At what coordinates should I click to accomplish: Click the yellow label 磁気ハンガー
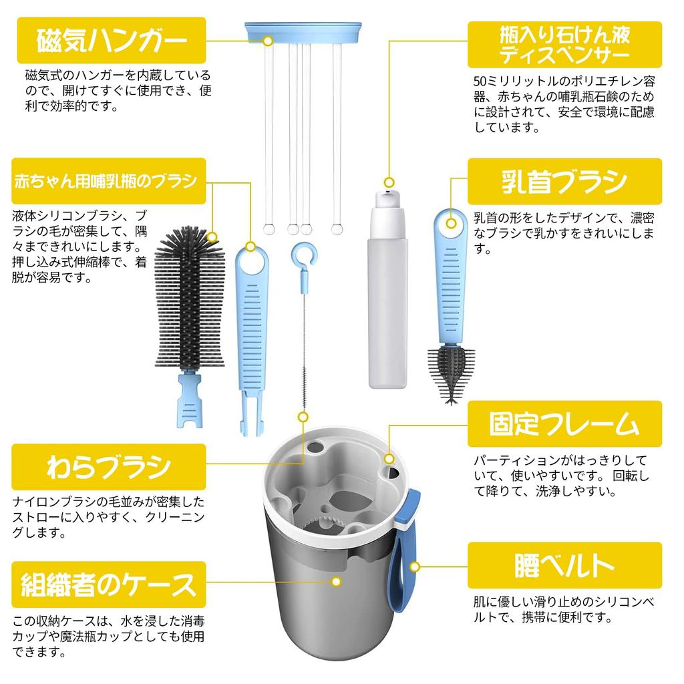[112, 40]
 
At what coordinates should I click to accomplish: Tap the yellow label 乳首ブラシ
[564, 182]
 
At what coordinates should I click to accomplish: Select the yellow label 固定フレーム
[564, 423]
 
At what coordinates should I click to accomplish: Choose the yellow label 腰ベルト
[564, 565]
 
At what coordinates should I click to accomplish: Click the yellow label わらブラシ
[109, 467]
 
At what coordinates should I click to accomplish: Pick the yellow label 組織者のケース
[109, 584]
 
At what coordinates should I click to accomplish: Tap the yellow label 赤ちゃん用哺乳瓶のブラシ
[109, 181]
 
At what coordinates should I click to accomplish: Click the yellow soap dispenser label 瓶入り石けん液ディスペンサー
[564, 45]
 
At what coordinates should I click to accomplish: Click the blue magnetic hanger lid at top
[303, 32]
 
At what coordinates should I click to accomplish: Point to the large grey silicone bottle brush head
[189, 297]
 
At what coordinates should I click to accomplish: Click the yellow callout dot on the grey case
[337, 582]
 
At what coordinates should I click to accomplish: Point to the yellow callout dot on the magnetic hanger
[269, 41]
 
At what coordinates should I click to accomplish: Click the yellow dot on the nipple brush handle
[452, 224]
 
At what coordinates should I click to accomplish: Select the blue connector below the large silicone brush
[189, 399]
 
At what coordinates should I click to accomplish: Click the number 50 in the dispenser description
[480, 81]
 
